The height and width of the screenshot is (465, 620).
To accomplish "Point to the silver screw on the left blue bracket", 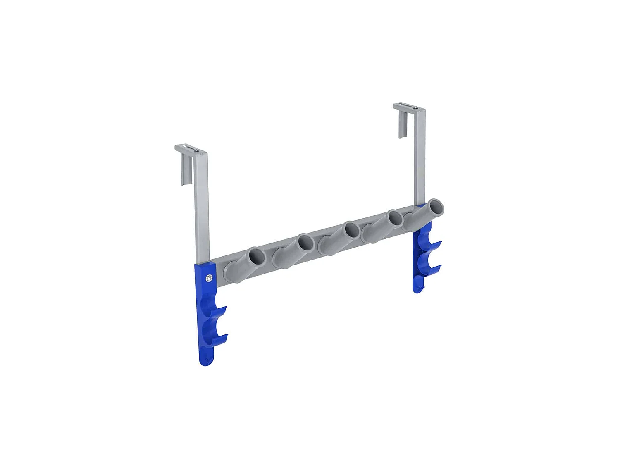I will (x=210, y=279).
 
